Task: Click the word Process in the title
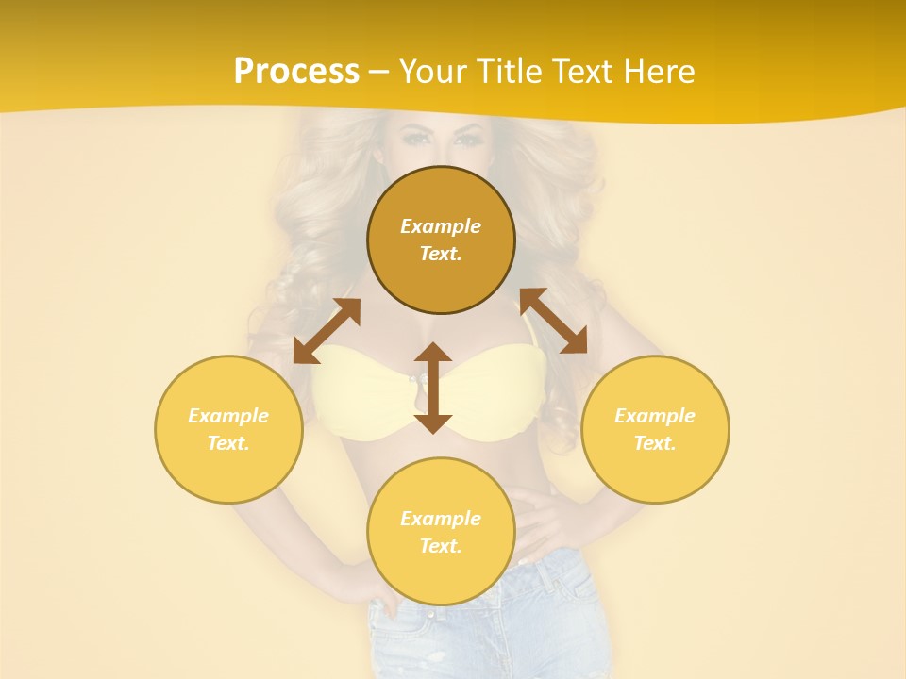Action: click(x=296, y=72)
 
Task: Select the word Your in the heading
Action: click(x=434, y=72)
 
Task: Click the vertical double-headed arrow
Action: click(x=433, y=388)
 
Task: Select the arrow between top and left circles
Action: click(x=327, y=330)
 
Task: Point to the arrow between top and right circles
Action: click(x=553, y=321)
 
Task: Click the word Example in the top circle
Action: click(x=441, y=226)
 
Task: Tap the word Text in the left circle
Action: click(x=228, y=443)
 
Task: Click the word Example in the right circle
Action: click(x=655, y=416)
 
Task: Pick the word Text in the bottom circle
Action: click(x=441, y=546)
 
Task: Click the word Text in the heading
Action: click(x=580, y=72)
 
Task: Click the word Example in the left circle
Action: click(x=228, y=416)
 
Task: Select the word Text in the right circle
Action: click(x=655, y=443)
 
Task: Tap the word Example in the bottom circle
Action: click(x=441, y=519)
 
